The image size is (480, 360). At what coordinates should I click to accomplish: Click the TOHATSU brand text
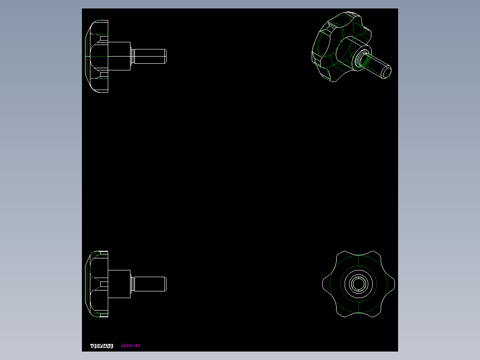102,346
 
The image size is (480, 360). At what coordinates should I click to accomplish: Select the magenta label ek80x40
131,346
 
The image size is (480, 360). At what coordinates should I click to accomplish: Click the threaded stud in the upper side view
149,56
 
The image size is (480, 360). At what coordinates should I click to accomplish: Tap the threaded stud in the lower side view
149,284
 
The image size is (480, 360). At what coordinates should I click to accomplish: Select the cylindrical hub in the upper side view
119,56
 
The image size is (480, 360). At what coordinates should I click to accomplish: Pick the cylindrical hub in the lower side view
119,284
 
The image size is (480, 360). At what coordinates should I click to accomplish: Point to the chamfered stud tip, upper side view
165,56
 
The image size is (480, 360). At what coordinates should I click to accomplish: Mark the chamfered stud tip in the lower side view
165,284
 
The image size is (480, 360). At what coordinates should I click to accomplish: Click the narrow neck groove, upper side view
132,56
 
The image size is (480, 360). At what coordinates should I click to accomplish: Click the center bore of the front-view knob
358,284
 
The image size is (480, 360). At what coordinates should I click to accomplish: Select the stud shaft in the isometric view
377,65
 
